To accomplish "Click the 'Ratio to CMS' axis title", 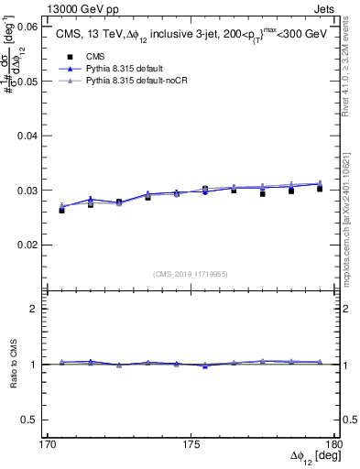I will click(13, 364).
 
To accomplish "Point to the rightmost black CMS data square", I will click(320, 189).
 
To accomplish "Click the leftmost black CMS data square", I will click(61, 210).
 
